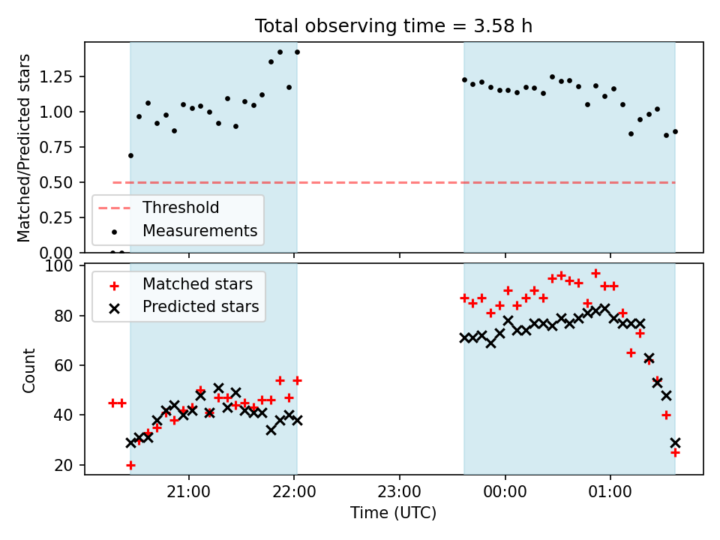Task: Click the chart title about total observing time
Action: (x=394, y=26)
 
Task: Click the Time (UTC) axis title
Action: (x=393, y=513)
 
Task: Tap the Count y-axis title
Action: (x=29, y=370)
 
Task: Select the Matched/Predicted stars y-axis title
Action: (x=25, y=148)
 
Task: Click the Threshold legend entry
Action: (x=181, y=208)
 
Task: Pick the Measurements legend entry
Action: (x=199, y=231)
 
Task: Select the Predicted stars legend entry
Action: (x=200, y=307)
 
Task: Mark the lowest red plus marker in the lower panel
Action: (x=130, y=465)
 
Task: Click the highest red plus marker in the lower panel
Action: (x=595, y=273)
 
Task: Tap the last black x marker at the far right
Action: (x=675, y=442)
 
